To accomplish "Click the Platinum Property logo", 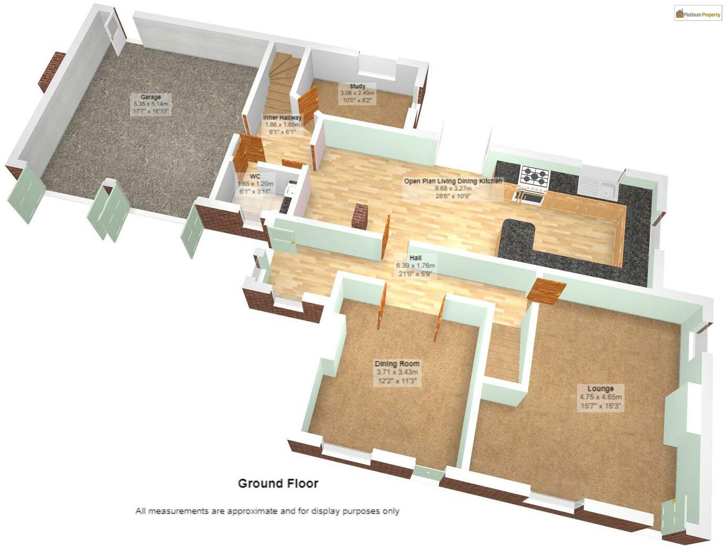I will click(x=698, y=14).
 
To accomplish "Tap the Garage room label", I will click(x=150, y=97).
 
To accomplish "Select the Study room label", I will click(x=357, y=87).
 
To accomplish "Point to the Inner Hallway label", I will click(x=282, y=118).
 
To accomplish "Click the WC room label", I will click(x=255, y=177).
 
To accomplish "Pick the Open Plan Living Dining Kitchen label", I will click(x=452, y=181).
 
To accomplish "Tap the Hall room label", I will click(x=416, y=258).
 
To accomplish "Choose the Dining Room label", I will click(x=397, y=364).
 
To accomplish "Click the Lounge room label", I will click(x=600, y=389).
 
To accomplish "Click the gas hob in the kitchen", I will click(x=534, y=176).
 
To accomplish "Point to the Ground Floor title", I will click(x=278, y=483).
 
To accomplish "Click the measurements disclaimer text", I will click(x=267, y=511).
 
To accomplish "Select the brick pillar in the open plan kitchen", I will click(x=360, y=215).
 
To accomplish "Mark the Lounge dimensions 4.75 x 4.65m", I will click(x=600, y=397).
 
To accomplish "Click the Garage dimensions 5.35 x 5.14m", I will click(x=150, y=104).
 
